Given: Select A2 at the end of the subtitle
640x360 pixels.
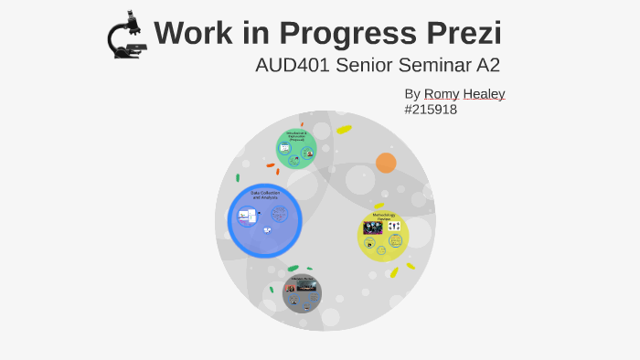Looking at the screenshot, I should (487, 66).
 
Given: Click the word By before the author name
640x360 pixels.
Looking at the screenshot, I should (412, 94).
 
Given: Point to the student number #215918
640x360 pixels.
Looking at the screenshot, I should (430, 110).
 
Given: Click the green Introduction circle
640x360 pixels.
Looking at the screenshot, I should (296, 148).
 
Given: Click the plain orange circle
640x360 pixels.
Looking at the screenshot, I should (386, 163).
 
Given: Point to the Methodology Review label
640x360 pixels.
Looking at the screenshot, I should (384, 217).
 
